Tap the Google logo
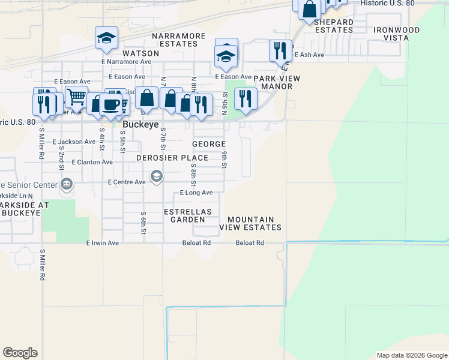point(20,353)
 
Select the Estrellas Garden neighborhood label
point(188,215)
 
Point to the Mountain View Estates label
point(251,224)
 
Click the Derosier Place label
point(172,158)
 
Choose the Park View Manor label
point(277,82)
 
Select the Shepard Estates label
point(334,26)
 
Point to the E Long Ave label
point(197,193)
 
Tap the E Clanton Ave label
point(92,162)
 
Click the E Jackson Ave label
point(74,142)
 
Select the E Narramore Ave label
point(126,61)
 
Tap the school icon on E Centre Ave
point(157,176)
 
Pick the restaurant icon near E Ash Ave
point(280,50)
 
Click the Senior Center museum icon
point(66,184)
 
